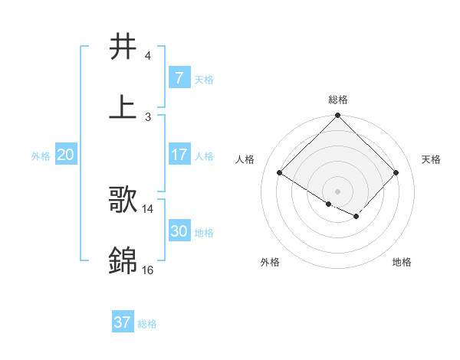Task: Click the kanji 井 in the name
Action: click(x=123, y=47)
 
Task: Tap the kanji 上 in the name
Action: click(x=123, y=106)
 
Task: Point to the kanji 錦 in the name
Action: click(x=123, y=260)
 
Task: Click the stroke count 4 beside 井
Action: click(x=148, y=56)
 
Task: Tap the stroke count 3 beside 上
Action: click(x=148, y=116)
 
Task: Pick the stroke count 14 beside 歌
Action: click(x=148, y=208)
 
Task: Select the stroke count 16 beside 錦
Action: click(x=148, y=270)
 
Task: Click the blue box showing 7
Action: click(x=179, y=77)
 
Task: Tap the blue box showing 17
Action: click(x=179, y=155)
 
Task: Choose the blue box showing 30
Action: click(x=179, y=231)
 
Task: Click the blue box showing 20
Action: click(x=66, y=155)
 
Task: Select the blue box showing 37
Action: click(x=122, y=322)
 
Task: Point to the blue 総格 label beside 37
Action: click(x=147, y=324)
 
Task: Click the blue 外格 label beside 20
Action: click(x=41, y=156)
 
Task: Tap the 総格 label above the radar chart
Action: click(x=338, y=100)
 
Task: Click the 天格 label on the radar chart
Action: click(x=431, y=159)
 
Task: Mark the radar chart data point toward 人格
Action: click(x=280, y=172)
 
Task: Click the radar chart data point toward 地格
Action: click(x=356, y=217)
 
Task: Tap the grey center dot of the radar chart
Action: click(x=338, y=191)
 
